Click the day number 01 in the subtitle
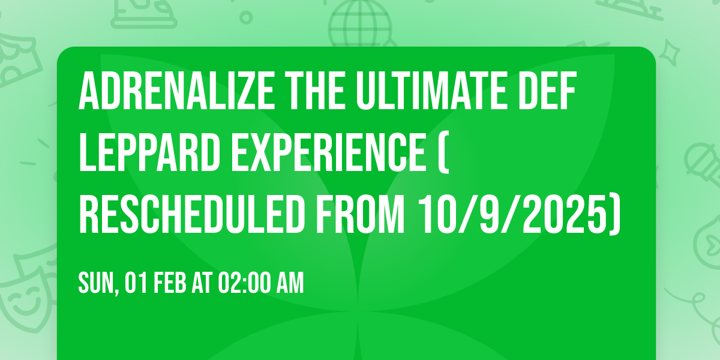coord(134,283)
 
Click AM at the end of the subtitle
coord(291,283)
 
